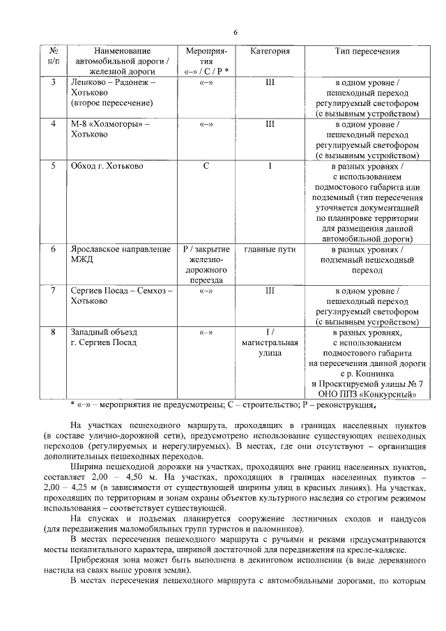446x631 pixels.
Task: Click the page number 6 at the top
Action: [x=236, y=32]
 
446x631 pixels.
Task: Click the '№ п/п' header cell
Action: [x=53, y=56]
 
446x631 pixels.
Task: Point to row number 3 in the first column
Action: [x=53, y=82]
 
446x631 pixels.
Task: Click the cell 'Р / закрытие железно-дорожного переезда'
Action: [x=206, y=264]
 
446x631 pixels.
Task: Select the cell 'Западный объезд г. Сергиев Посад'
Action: [x=105, y=337]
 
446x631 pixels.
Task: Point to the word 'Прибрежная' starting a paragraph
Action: [x=95, y=560]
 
